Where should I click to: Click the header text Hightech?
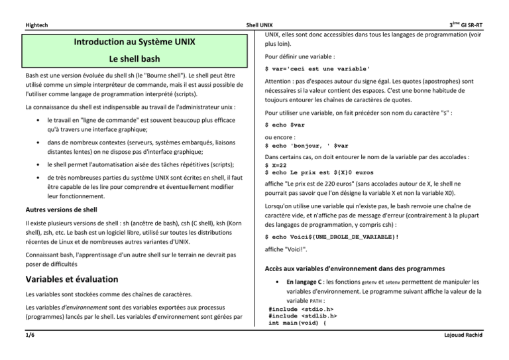38,25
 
